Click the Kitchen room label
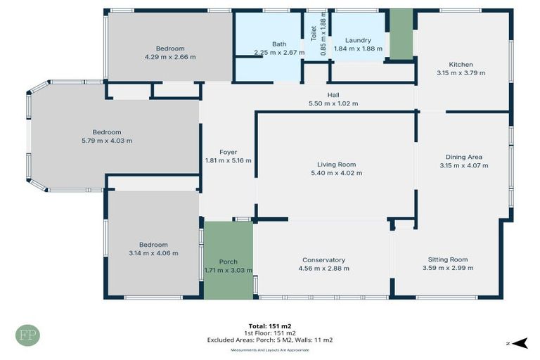click(x=461, y=64)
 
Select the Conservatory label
click(x=323, y=259)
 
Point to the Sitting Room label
click(x=448, y=259)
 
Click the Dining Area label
click(x=463, y=157)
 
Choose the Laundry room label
click(x=358, y=40)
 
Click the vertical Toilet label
click(x=314, y=32)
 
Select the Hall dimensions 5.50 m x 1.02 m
click(x=333, y=104)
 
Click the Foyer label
click(x=228, y=152)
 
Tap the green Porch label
click(x=228, y=262)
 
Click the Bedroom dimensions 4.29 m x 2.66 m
click(x=170, y=57)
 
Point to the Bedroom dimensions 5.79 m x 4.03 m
click(x=107, y=141)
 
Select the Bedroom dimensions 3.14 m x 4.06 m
click(x=153, y=253)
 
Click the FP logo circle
click(x=28, y=335)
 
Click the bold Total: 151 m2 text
click(x=270, y=326)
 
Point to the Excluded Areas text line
click(x=270, y=340)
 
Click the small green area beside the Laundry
click(x=401, y=34)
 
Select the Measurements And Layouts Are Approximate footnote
click(x=270, y=349)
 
